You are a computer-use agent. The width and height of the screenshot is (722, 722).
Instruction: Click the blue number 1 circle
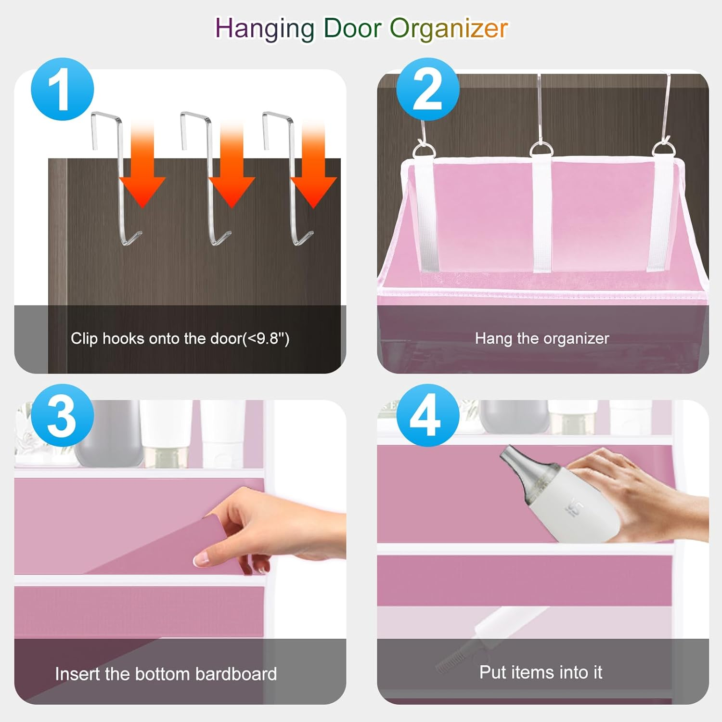[x=62, y=89]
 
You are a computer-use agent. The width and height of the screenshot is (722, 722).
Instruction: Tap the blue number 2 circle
[x=427, y=89]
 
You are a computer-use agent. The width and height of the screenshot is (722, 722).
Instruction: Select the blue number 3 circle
[x=62, y=415]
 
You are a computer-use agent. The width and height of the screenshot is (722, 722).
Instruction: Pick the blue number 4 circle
[x=427, y=415]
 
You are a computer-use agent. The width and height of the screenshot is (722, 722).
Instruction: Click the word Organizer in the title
[x=449, y=29]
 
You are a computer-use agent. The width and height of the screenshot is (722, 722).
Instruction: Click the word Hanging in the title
[x=264, y=29]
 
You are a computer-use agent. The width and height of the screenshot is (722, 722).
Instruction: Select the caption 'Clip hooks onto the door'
[x=180, y=339]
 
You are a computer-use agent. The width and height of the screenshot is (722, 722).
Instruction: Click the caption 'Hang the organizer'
[x=542, y=339]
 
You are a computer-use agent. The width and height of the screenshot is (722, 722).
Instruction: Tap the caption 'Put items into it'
[x=541, y=672]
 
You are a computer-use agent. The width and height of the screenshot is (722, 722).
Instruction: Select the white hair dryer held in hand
[x=578, y=510]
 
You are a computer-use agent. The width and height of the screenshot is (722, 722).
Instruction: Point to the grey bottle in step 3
[x=109, y=433]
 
